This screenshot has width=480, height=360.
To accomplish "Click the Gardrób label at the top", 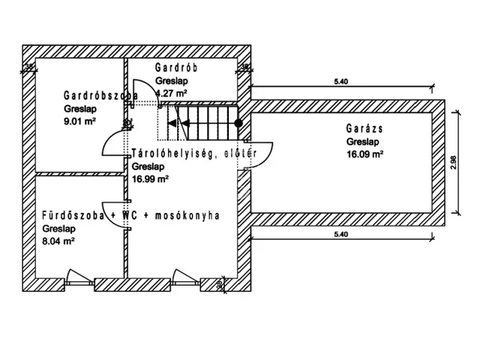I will click(x=176, y=67).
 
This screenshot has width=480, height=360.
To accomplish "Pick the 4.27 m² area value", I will click(x=172, y=92).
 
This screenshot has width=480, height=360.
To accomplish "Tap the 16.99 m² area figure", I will click(x=149, y=178).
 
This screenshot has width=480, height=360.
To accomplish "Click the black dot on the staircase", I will click(x=238, y=122).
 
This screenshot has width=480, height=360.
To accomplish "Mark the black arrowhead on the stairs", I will click(x=172, y=122).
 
